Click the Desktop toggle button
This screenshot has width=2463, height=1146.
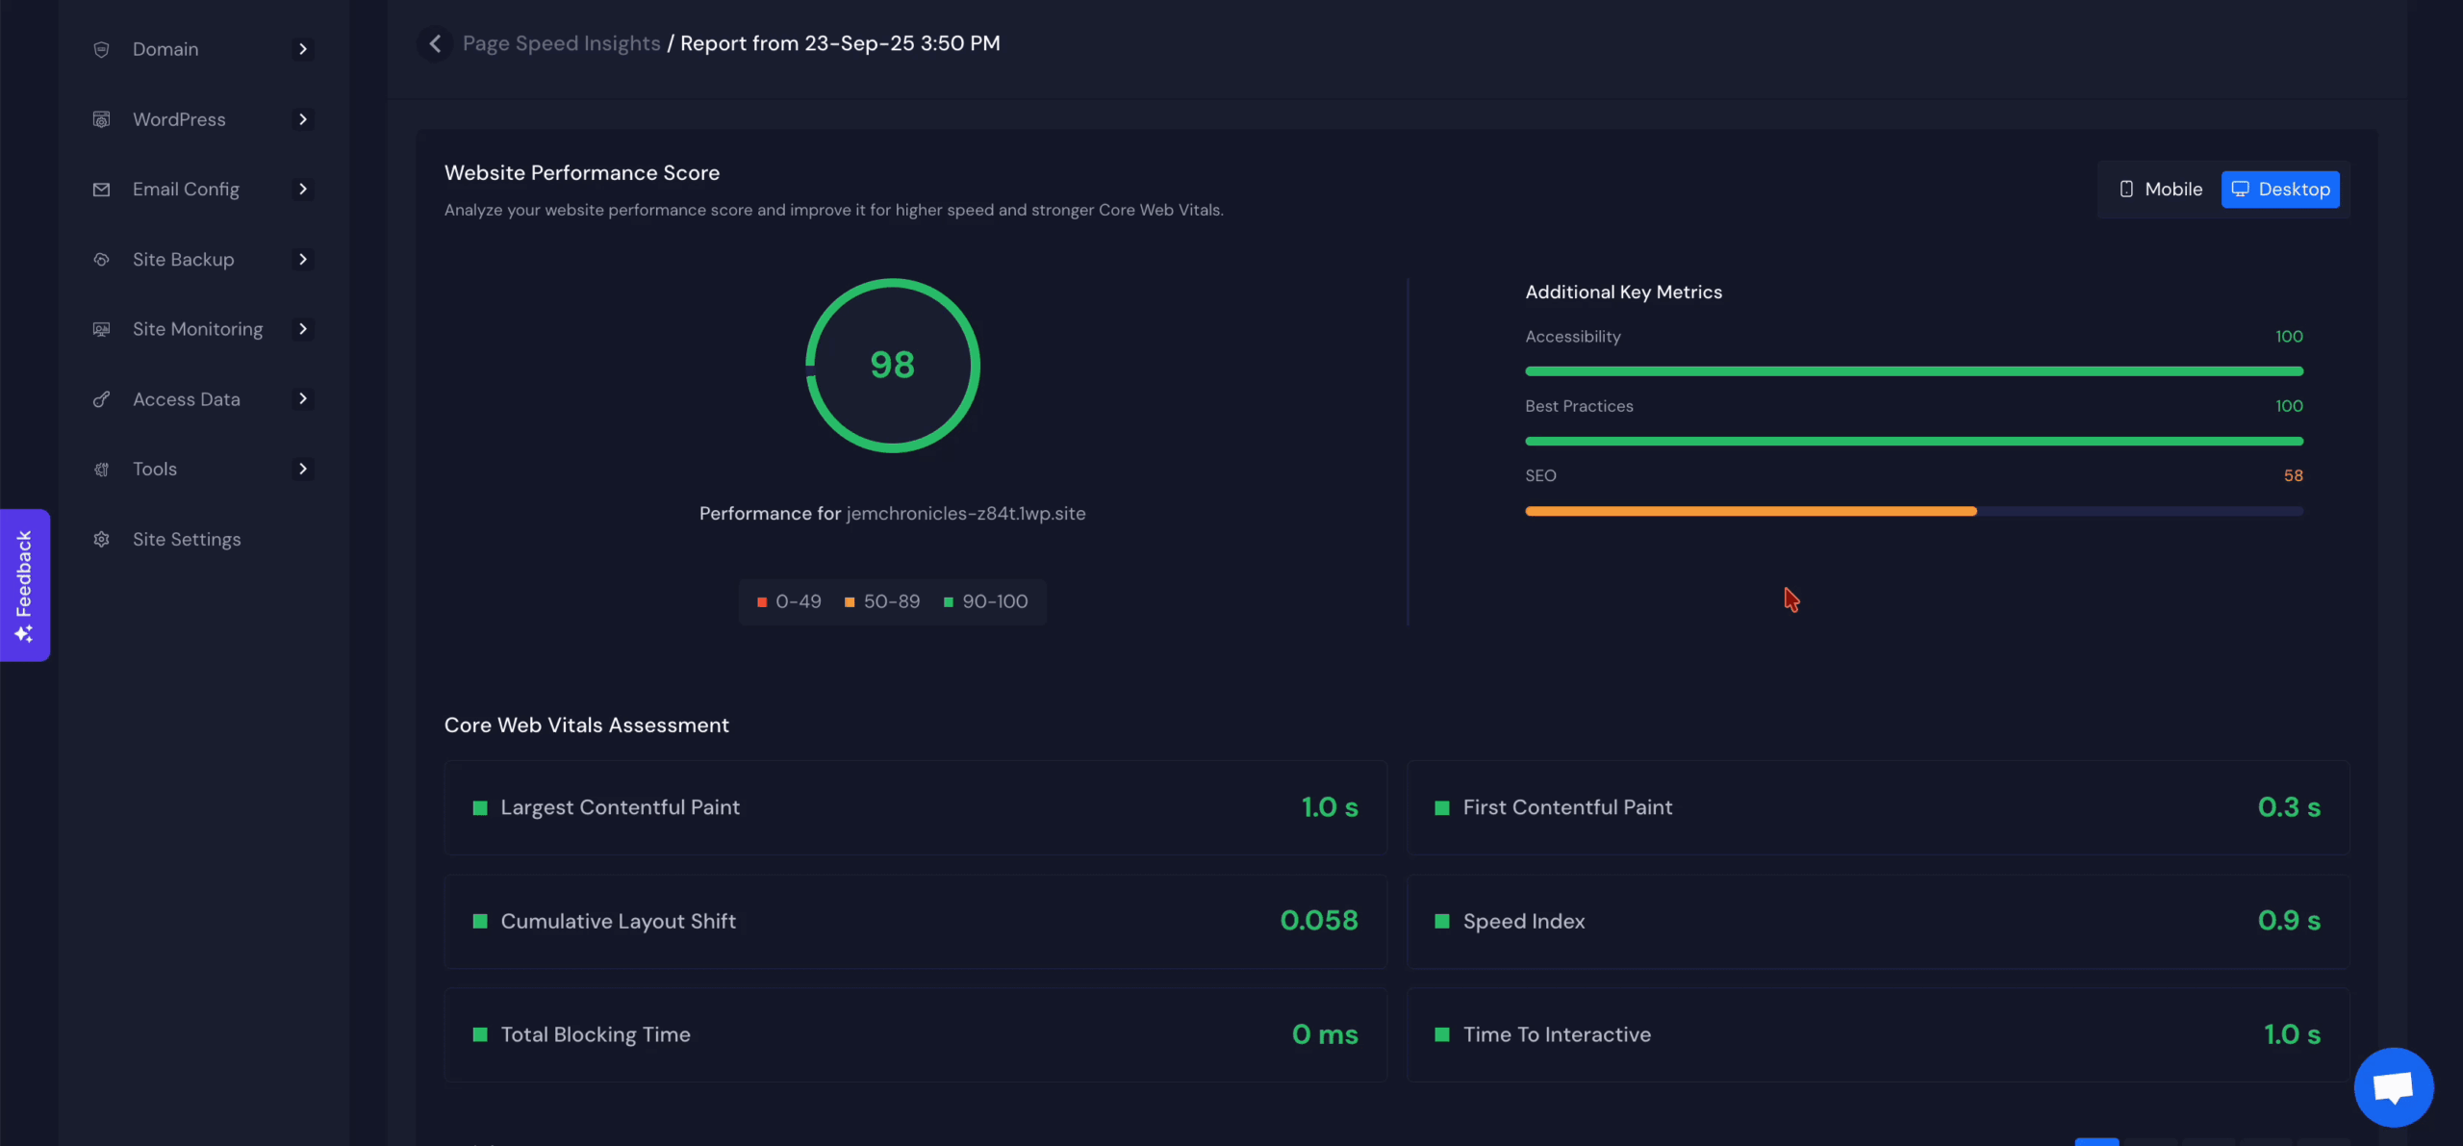click(2280, 190)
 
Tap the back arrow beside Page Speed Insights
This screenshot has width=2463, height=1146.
click(435, 43)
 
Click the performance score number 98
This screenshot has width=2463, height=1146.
click(892, 365)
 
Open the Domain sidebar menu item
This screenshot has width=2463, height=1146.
click(165, 49)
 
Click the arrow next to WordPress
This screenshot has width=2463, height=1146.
click(302, 119)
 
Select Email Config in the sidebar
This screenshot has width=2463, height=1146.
click(186, 190)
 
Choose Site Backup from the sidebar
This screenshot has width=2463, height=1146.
click(183, 260)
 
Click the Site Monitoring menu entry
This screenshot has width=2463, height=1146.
click(197, 329)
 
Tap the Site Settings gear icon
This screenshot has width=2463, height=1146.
click(101, 540)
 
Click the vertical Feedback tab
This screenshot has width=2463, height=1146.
click(24, 585)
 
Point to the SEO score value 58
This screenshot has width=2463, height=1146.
click(2293, 476)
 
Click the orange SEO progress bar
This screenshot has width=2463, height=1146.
click(1750, 511)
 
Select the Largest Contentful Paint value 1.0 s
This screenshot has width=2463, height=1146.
click(1330, 807)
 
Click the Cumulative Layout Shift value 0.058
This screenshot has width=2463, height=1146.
click(1318, 921)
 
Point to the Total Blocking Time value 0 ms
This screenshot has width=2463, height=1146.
click(1325, 1034)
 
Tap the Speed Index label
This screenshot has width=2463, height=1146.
click(1523, 922)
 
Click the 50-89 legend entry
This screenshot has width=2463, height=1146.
click(882, 601)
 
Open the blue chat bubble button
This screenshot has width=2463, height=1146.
click(2393, 1087)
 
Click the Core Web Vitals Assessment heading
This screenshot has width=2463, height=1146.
click(586, 726)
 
